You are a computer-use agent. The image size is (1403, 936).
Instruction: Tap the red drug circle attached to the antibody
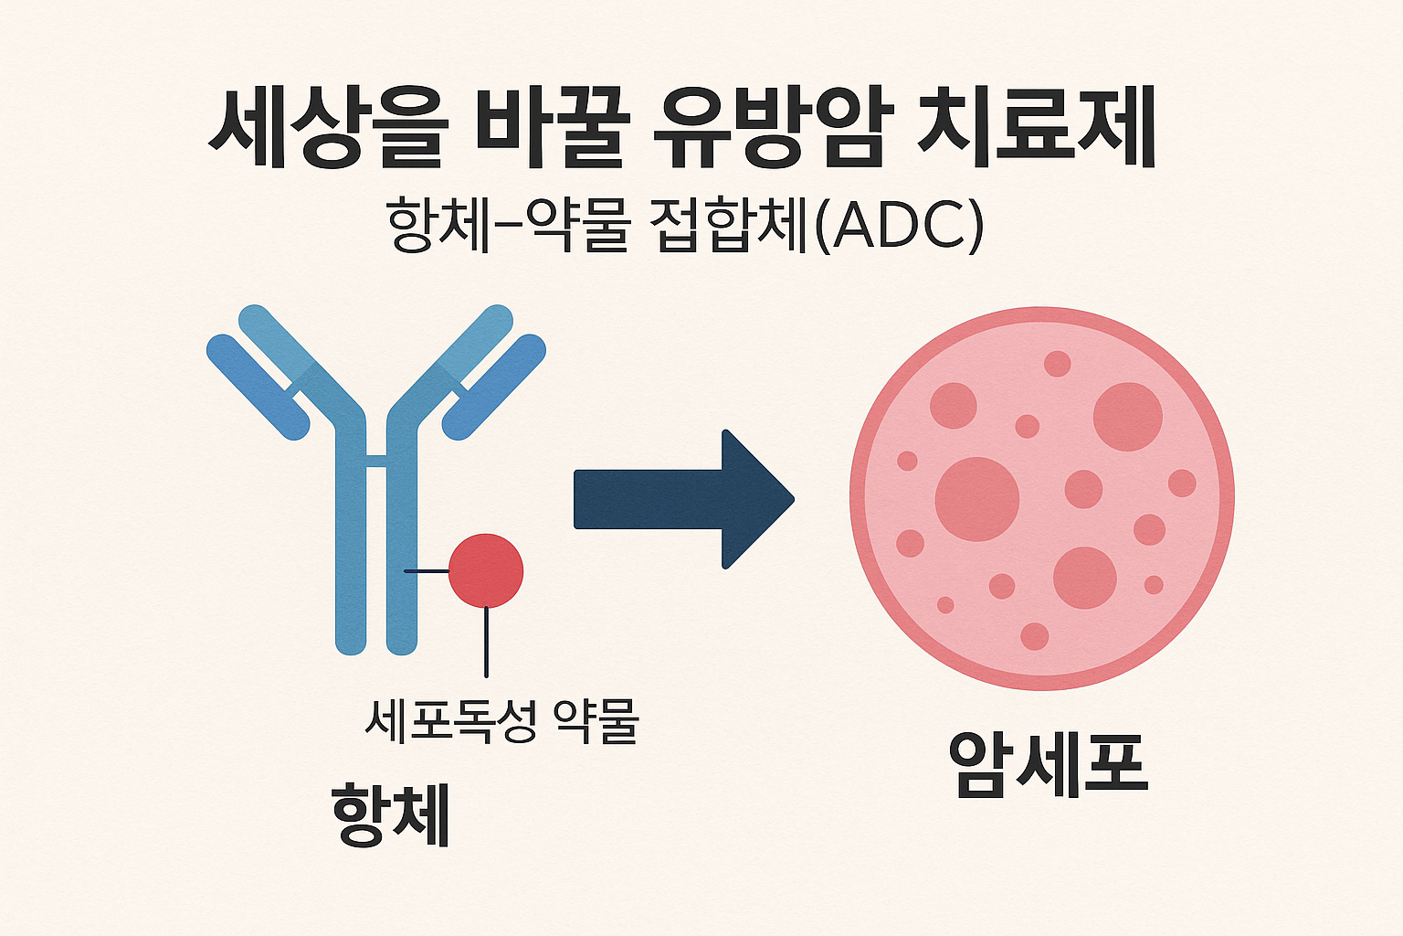[x=486, y=570]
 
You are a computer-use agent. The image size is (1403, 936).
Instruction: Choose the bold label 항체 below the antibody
[x=390, y=814]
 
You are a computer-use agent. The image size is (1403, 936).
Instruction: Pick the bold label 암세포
[x=1047, y=763]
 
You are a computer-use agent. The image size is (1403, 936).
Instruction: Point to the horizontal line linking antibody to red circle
[x=427, y=571]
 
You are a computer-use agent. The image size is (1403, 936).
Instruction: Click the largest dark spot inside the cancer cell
[x=976, y=499]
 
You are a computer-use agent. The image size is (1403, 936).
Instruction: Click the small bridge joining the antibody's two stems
[x=377, y=460]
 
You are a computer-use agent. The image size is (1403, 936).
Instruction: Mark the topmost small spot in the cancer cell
[x=1057, y=363]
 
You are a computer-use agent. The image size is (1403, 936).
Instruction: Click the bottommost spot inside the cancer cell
[x=1034, y=636]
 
